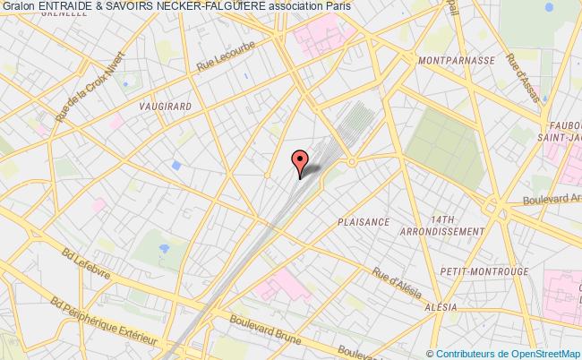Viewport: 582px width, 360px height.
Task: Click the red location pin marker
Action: click(x=300, y=162)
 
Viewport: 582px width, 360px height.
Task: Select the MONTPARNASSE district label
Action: click(x=456, y=60)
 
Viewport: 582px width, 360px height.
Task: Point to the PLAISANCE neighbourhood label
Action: click(x=364, y=221)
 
